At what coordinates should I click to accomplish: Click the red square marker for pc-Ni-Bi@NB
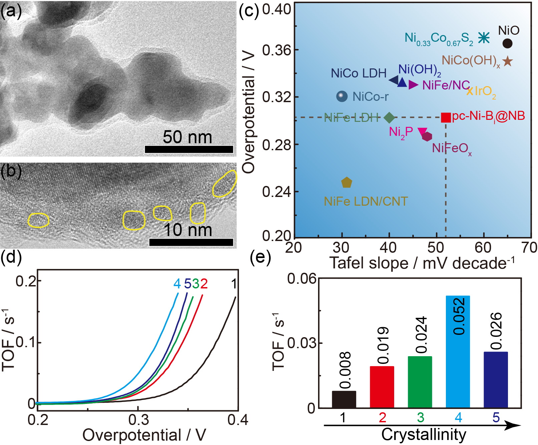[x=446, y=118]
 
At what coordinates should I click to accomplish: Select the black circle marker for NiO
[x=507, y=43]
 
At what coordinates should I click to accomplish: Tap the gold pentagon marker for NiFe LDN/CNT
[x=347, y=183]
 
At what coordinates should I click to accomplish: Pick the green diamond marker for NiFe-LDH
[x=389, y=118]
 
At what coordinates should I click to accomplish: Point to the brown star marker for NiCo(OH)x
[x=507, y=61]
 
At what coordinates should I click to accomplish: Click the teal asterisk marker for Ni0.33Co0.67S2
[x=484, y=38]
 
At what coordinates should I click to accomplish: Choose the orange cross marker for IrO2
[x=470, y=91]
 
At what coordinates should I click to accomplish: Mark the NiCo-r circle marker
[x=341, y=96]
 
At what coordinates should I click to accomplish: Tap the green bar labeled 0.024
[x=420, y=382]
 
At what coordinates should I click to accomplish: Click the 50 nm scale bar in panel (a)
[x=189, y=149]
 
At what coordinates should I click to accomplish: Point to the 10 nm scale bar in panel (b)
[x=191, y=242]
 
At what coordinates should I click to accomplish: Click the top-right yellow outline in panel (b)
[x=225, y=184]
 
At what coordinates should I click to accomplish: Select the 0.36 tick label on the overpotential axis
[x=276, y=50]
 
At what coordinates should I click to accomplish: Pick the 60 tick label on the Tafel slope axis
[x=483, y=248]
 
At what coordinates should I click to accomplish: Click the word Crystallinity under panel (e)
[x=424, y=435]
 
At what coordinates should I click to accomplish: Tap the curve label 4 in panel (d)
[x=177, y=284]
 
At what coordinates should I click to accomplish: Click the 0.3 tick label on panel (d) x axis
[x=138, y=420]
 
